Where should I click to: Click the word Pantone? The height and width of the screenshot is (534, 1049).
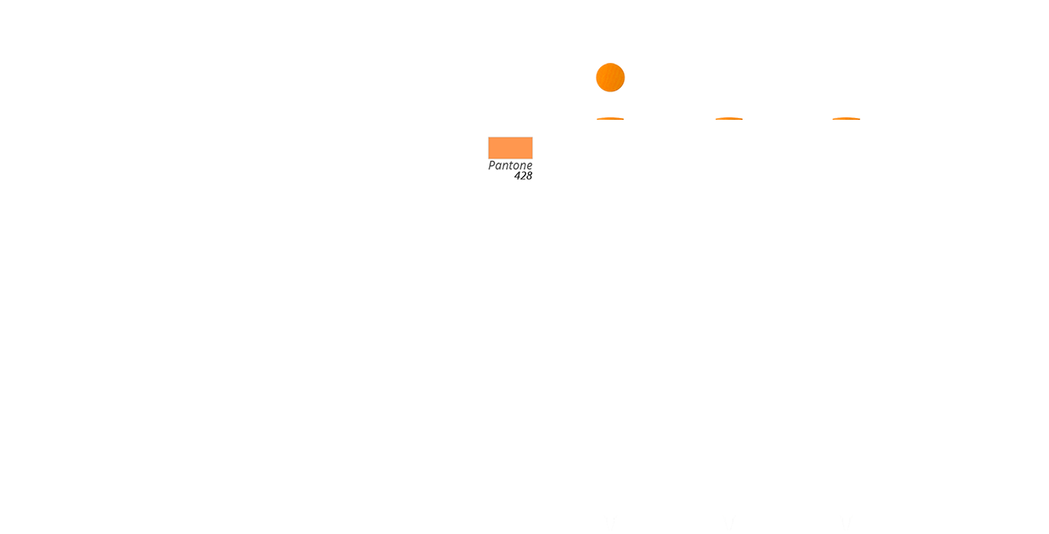coord(510,166)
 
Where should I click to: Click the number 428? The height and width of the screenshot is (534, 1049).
coord(523,177)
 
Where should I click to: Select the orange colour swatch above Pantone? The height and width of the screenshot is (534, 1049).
coord(510,148)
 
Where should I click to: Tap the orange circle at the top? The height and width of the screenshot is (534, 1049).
coord(610,78)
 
